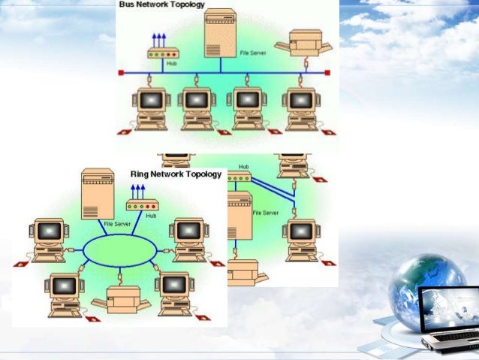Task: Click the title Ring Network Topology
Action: pos(176,174)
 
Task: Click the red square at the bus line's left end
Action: pos(120,73)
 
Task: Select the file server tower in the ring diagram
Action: pos(97,193)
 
